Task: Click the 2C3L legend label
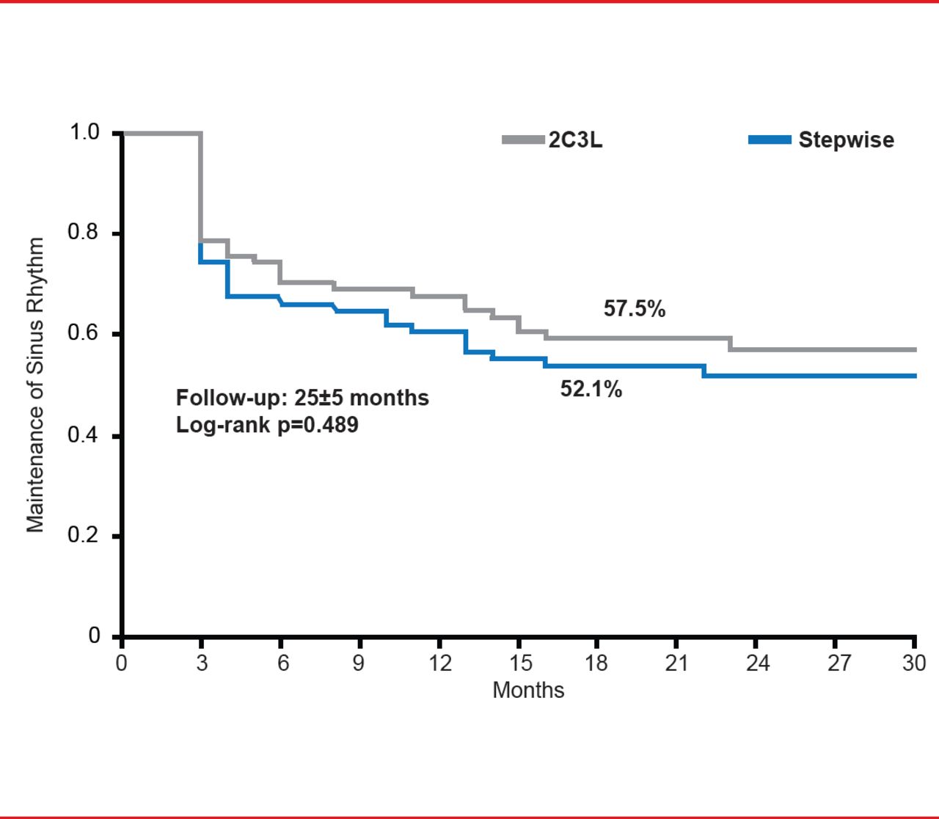[x=575, y=140]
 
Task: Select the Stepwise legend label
[x=846, y=140]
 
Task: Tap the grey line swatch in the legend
[x=523, y=139]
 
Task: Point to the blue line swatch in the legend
[x=770, y=139]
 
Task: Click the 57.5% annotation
[x=635, y=309]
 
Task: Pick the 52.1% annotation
[x=591, y=389]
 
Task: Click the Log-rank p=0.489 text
[x=267, y=425]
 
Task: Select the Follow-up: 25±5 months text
[x=302, y=398]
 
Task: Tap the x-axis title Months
[x=528, y=690]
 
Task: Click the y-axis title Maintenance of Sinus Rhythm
[x=35, y=385]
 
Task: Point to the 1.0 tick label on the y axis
[x=84, y=133]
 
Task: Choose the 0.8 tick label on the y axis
[x=84, y=233]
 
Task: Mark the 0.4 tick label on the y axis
[x=84, y=435]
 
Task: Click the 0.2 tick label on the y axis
[x=84, y=535]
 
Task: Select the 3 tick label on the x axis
[x=202, y=663]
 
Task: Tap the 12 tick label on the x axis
[x=439, y=663]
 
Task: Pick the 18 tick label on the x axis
[x=596, y=663]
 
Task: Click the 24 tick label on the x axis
[x=758, y=663]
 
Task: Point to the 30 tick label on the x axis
[x=914, y=663]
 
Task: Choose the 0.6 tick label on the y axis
[x=84, y=333]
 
